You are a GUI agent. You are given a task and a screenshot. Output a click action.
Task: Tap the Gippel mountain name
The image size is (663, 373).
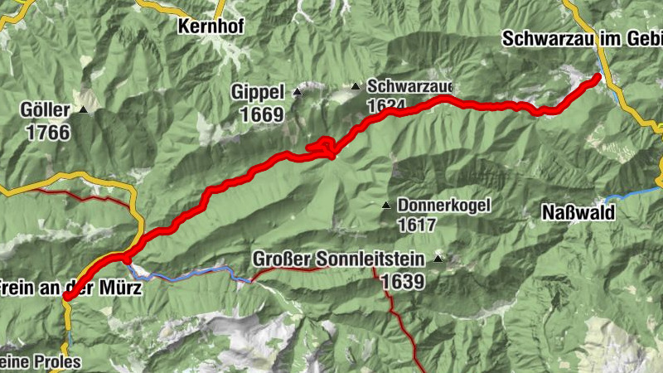tap(259, 92)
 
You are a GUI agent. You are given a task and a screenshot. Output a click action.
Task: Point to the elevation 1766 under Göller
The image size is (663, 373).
tap(48, 131)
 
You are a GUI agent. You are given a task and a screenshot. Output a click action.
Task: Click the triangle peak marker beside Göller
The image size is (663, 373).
tap(84, 109)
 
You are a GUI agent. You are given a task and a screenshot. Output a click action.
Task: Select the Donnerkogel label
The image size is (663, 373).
tap(444, 204)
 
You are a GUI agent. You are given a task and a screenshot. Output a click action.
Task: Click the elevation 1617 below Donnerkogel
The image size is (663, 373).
tap(417, 224)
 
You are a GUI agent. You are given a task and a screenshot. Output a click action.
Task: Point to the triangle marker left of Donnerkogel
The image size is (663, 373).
tap(385, 205)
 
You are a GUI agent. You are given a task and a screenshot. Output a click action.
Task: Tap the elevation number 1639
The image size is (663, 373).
tap(404, 282)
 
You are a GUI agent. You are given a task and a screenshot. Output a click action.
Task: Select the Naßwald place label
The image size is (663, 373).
tap(578, 213)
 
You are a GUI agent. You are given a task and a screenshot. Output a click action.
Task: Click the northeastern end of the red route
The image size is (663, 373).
tap(597, 77)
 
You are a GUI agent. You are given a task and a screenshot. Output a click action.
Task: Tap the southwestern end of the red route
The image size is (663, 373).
tap(66, 297)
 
